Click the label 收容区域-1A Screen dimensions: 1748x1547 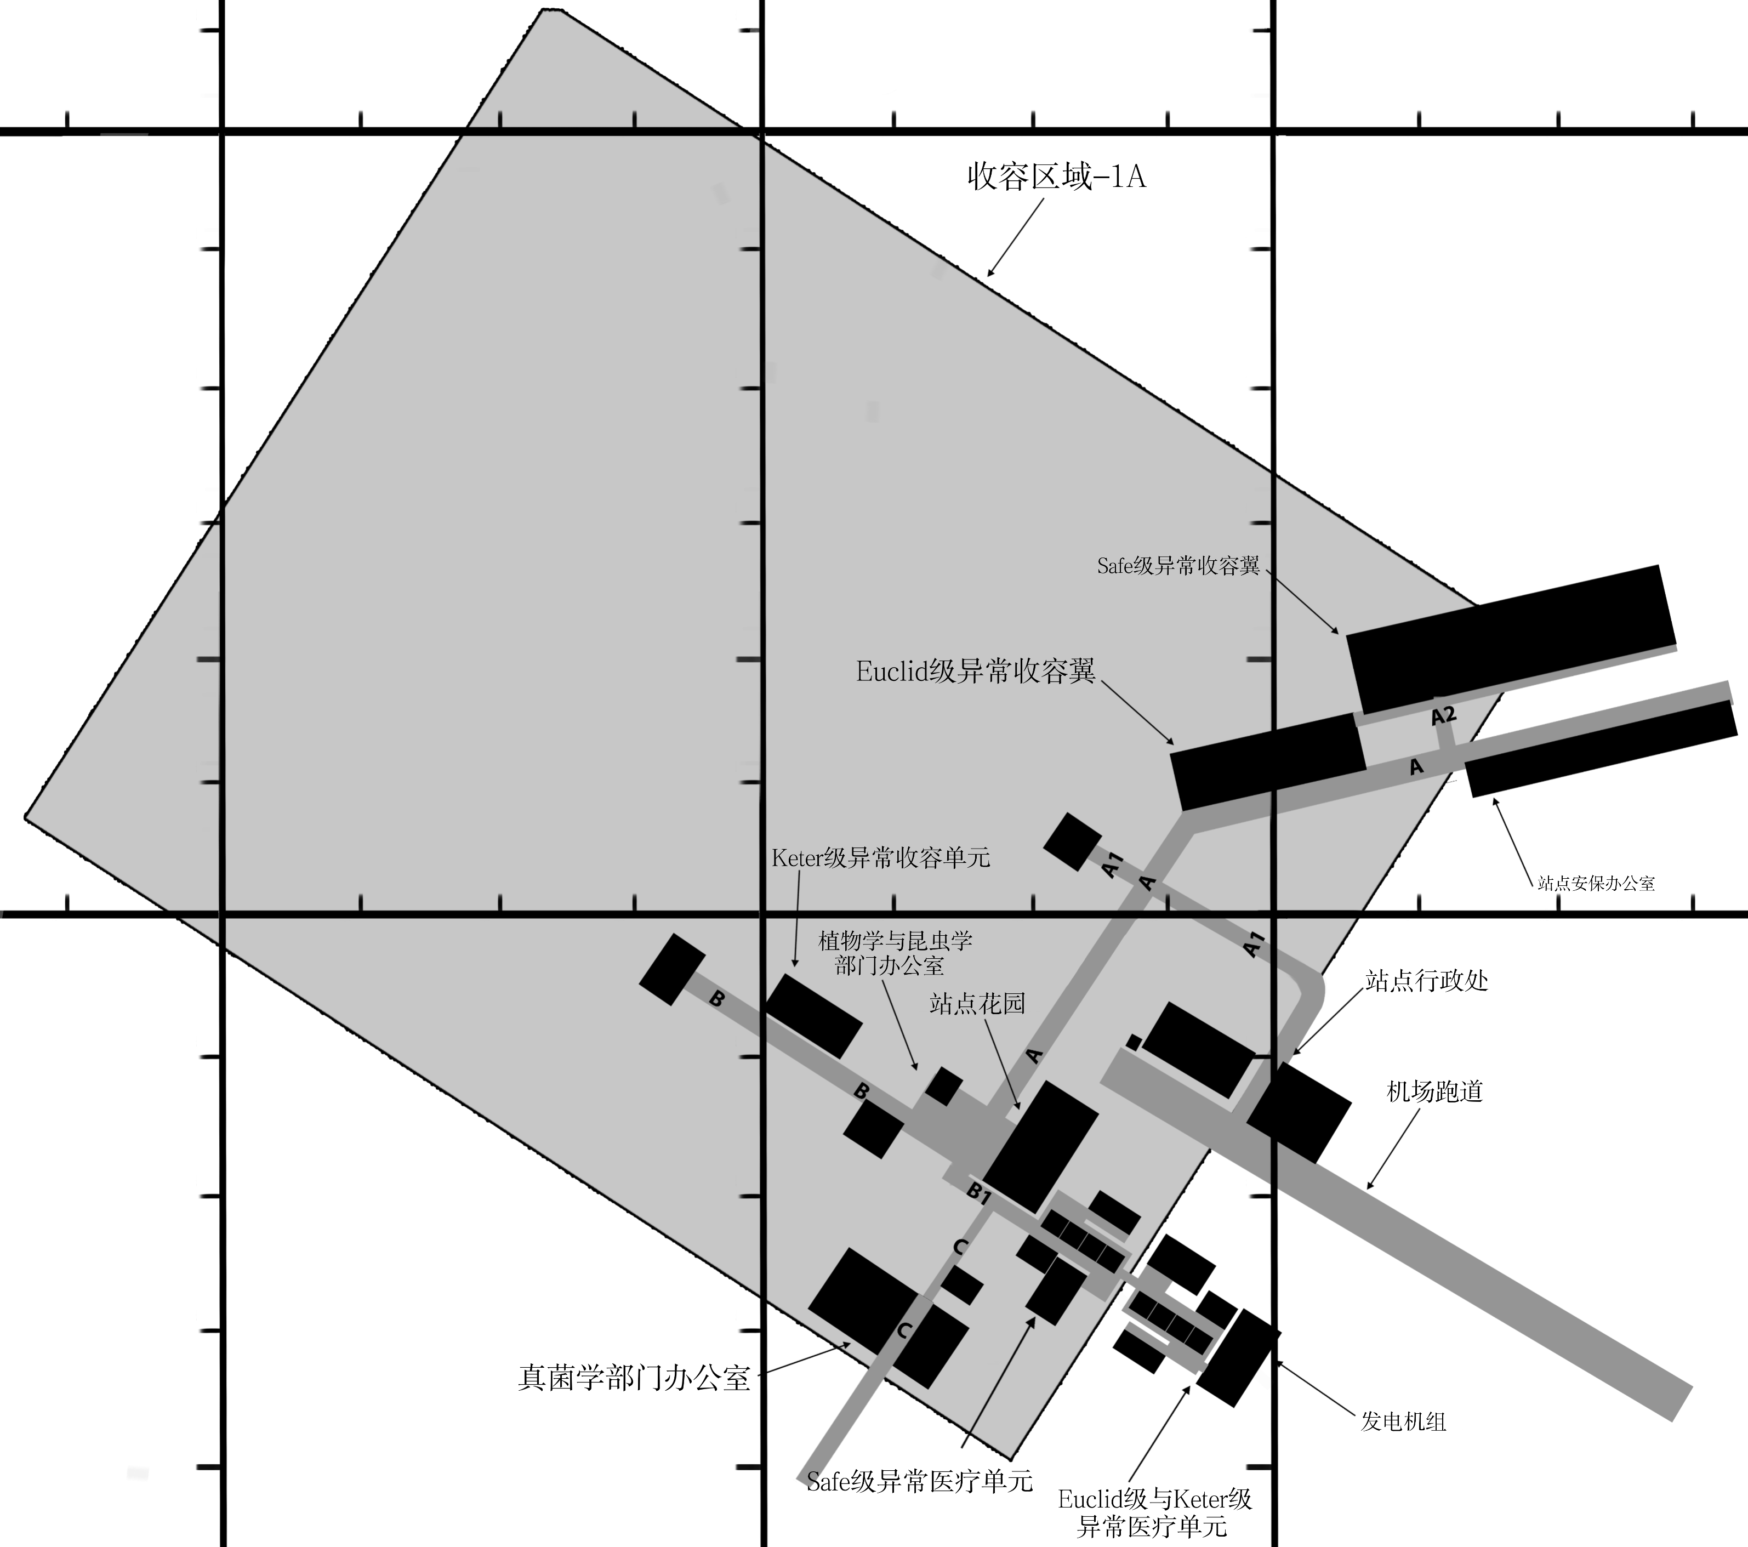coord(1056,177)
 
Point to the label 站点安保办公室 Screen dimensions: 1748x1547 coord(1596,883)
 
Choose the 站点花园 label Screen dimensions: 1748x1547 coord(977,1003)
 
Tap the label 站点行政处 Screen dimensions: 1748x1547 coord(1426,980)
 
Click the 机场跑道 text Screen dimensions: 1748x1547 coord(1434,1091)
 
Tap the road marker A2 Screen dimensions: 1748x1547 coord(1444,716)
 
